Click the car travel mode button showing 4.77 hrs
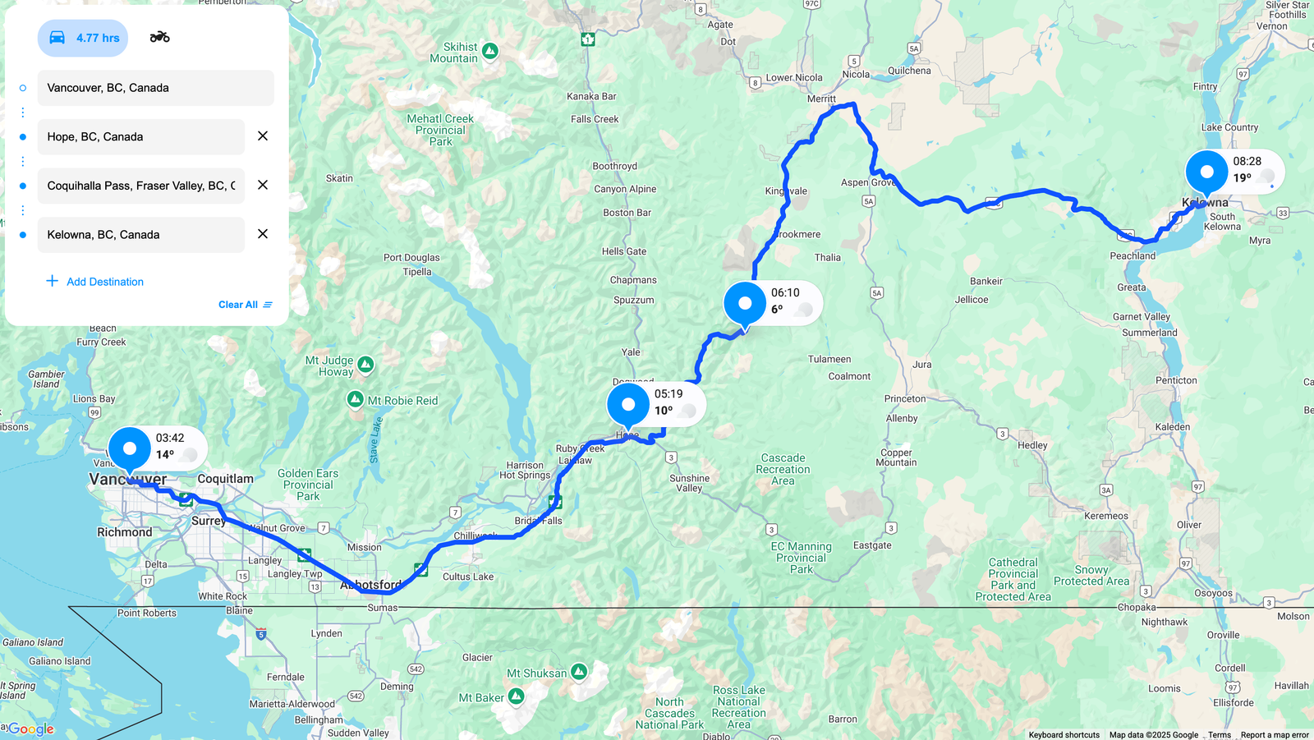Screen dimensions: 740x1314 click(x=83, y=38)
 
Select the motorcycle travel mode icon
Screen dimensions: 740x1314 click(x=159, y=37)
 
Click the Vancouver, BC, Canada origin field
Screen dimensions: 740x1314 click(x=156, y=88)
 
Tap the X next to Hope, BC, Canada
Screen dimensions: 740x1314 click(x=263, y=136)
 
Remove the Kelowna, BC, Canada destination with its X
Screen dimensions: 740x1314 click(x=263, y=234)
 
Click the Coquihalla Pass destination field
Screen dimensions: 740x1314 click(x=141, y=186)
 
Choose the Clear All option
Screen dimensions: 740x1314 click(x=245, y=305)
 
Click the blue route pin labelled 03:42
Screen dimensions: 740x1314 click(x=130, y=449)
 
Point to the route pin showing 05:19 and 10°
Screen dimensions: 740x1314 click(x=628, y=405)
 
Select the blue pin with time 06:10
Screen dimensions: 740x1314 click(x=745, y=304)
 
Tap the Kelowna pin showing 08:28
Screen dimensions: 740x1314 click(x=1207, y=172)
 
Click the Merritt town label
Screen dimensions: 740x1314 click(x=821, y=99)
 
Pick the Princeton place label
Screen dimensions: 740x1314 click(x=905, y=399)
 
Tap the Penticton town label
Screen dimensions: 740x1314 click(x=1176, y=380)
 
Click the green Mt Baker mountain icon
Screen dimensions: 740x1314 click(x=516, y=697)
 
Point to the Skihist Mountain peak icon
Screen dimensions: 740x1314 click(x=490, y=51)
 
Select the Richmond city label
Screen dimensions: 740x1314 click(x=125, y=532)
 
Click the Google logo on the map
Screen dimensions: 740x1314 click(x=31, y=729)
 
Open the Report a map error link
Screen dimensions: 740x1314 click(x=1275, y=735)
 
